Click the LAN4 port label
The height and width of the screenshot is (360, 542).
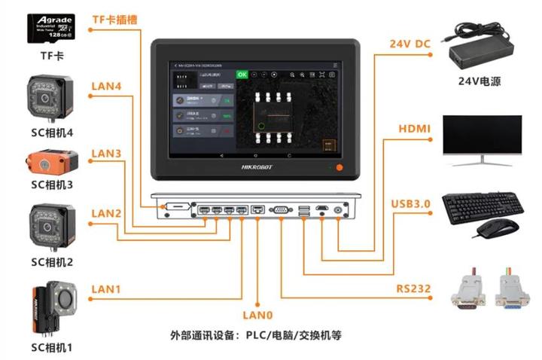point(106,86)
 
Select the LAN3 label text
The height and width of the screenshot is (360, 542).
point(106,154)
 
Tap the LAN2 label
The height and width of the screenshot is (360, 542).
point(106,214)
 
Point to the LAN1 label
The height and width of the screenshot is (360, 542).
point(106,288)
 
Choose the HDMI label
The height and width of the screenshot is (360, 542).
point(414,130)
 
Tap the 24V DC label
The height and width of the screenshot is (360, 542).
point(410,44)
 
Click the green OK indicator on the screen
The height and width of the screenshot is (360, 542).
point(242,75)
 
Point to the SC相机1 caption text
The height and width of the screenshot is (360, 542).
point(50,347)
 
